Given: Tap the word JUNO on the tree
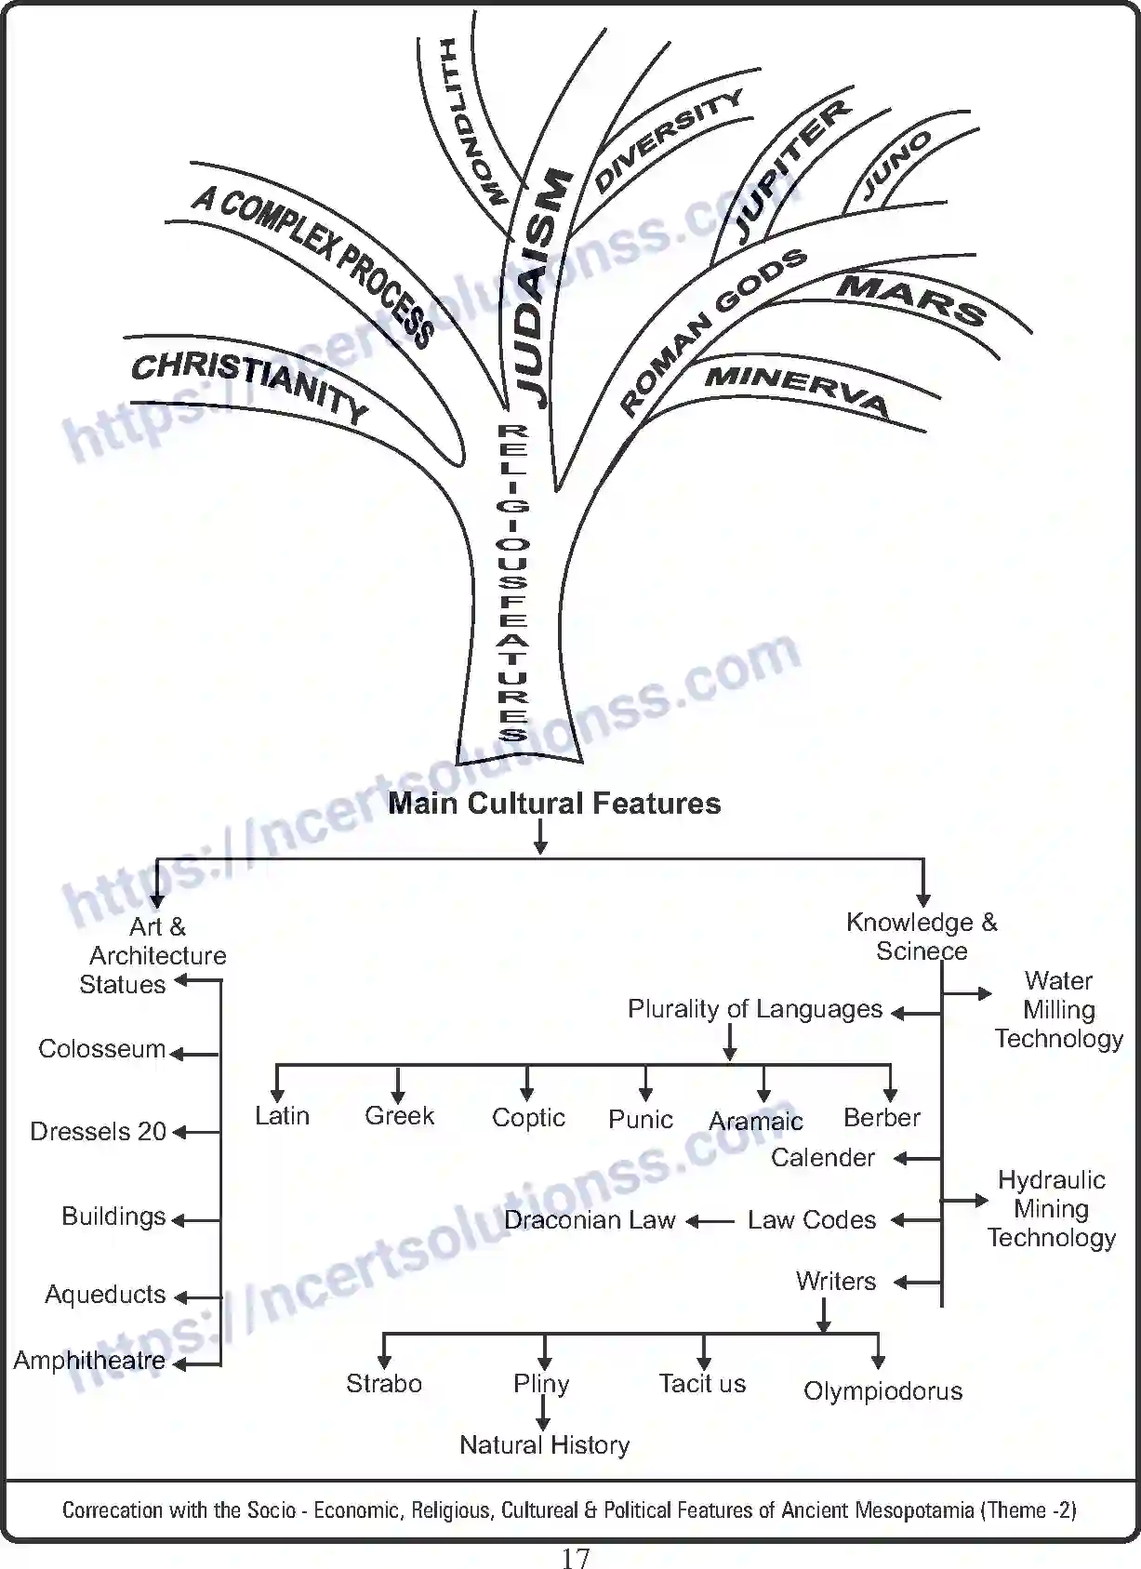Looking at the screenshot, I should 896,166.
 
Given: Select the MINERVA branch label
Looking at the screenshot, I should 797,389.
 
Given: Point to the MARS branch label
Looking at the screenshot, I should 911,299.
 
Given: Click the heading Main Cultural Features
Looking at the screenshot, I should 554,804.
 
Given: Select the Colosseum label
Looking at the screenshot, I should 101,1049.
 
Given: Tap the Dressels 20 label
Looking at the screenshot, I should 98,1132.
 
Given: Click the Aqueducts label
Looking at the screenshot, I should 105,1295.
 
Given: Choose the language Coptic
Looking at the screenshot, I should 528,1118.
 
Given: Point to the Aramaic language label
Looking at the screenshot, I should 755,1122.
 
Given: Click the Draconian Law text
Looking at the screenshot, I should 590,1220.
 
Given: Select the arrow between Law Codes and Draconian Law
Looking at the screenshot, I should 710,1221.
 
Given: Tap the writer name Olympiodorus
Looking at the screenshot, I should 882,1391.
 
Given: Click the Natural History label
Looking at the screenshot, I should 545,1445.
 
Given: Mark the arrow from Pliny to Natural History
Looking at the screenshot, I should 543,1413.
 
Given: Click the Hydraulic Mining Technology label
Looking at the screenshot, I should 1052,1209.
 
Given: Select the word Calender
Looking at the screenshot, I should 823,1158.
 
